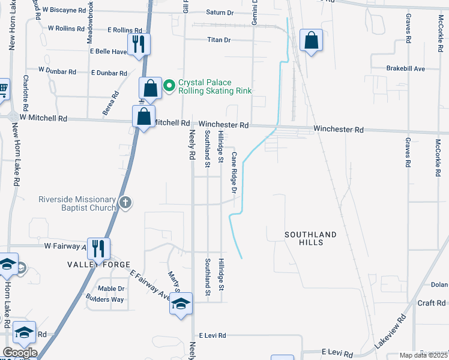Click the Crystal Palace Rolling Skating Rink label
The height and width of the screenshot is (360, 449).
[x=214, y=87]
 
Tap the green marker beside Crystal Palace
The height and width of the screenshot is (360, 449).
[x=169, y=83]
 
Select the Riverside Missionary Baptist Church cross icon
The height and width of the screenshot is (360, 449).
[x=125, y=202]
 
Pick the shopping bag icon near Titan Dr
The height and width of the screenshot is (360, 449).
[x=312, y=41]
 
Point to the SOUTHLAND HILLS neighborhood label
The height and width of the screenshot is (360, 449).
[x=310, y=238]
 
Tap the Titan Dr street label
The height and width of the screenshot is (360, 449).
[x=218, y=40]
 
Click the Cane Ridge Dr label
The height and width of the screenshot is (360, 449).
[x=234, y=172]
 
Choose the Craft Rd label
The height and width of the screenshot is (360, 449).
[x=431, y=304]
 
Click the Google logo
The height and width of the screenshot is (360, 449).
[x=20, y=353]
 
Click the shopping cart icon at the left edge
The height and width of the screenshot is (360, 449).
[x=3, y=89]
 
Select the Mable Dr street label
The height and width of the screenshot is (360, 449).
[x=111, y=288]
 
